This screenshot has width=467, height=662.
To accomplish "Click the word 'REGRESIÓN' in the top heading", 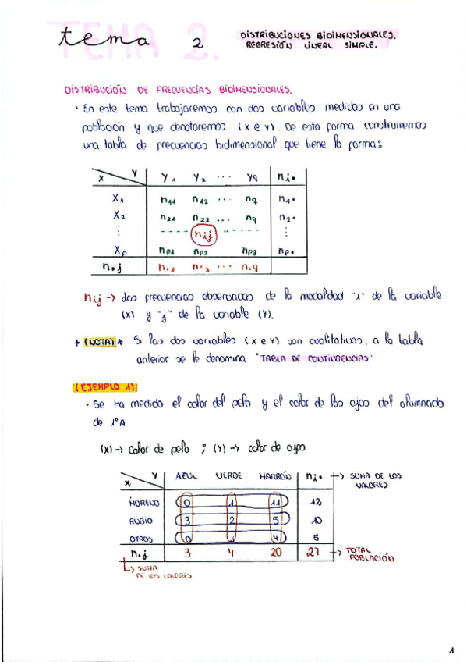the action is click(269, 46).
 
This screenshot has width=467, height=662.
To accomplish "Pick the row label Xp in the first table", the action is click(120, 251).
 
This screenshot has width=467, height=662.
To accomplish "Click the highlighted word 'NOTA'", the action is click(102, 341).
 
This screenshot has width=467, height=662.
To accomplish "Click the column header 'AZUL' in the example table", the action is click(187, 475).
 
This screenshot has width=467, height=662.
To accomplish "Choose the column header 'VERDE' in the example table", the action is click(232, 475).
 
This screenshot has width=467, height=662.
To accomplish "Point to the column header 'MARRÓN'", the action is click(276, 475).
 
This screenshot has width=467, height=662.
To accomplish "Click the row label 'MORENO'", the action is click(144, 503).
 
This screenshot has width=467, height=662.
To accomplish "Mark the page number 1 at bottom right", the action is click(451, 650).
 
